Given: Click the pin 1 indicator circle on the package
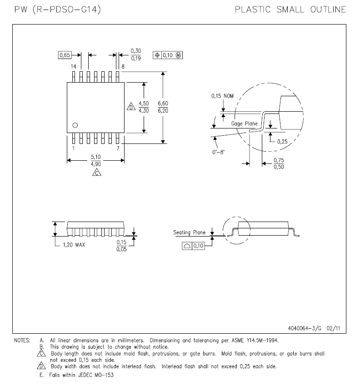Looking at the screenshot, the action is (75, 125).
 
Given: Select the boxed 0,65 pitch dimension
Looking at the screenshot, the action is (65, 55).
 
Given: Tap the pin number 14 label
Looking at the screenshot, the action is (73, 66).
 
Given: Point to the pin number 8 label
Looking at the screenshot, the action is (123, 66).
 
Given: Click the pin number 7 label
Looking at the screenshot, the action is (118, 148).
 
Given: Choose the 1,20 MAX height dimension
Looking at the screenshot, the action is (74, 245).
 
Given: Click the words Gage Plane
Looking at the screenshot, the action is (244, 123).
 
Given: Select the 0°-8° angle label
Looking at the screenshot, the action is (218, 152).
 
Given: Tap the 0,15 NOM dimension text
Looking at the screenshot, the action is (222, 96).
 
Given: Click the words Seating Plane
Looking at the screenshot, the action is (190, 232).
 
